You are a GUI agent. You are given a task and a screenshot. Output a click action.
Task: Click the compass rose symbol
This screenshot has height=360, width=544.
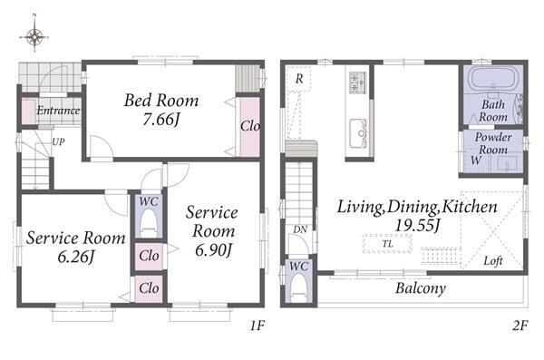point(34,35)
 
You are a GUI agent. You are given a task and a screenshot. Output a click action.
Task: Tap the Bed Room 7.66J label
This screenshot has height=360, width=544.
point(161,110)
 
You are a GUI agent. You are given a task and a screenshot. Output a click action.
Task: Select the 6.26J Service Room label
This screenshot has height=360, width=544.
point(75,247)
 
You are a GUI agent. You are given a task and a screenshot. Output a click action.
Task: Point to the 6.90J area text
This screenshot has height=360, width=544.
point(213,249)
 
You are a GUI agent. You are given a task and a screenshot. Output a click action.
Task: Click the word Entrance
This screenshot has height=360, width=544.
point(58,111)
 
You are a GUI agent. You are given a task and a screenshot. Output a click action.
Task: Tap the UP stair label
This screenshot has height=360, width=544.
point(58,142)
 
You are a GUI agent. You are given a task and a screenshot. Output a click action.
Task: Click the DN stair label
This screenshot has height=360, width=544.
point(300,229)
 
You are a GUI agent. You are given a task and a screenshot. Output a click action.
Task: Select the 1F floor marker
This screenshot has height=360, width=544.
point(257,326)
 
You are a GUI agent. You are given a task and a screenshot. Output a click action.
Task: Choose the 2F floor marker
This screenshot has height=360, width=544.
point(520,326)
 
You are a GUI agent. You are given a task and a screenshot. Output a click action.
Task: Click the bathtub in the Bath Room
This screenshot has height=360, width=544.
point(494,81)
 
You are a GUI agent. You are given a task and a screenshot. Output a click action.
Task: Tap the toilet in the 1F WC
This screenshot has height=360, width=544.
point(149,223)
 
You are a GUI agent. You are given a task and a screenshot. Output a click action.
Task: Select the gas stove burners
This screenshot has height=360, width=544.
point(358,83)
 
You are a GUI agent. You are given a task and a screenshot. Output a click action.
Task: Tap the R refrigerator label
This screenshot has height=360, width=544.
point(299,79)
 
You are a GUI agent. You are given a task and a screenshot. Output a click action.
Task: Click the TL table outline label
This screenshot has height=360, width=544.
point(388,244)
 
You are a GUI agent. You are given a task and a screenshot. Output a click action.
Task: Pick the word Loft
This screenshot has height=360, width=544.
point(493,261)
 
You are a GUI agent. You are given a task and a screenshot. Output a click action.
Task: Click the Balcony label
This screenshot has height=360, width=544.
point(421,288)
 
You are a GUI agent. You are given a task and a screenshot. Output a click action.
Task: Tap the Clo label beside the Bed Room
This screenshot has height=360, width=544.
point(250,126)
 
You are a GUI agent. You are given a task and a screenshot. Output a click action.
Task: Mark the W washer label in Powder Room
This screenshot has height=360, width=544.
point(476,161)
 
